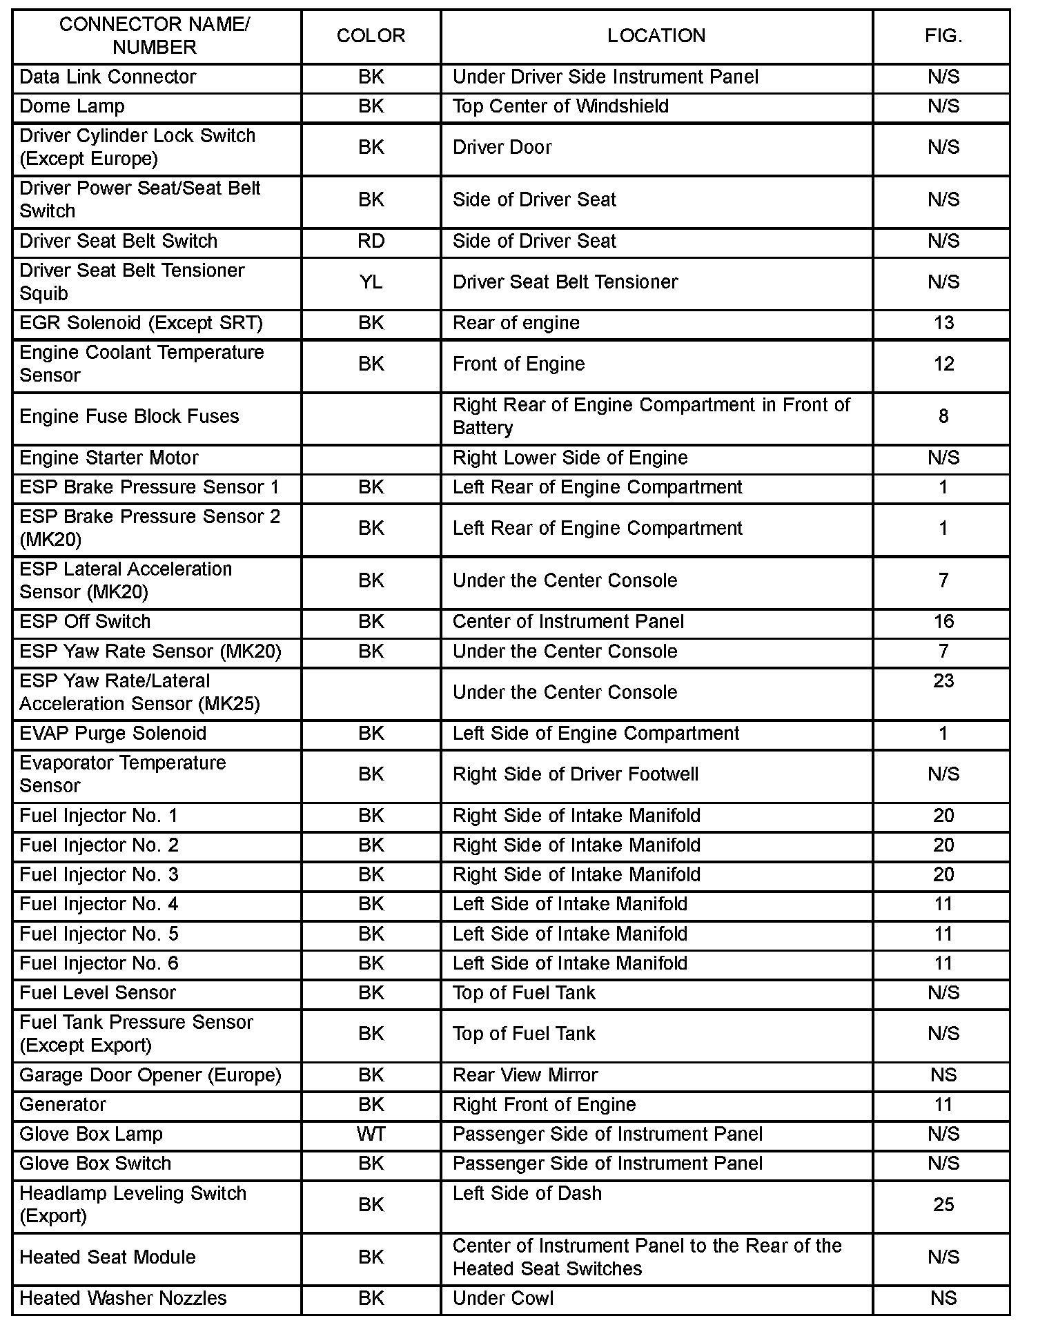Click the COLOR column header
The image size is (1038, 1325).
pos(371,36)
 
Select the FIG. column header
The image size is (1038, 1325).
pos(943,36)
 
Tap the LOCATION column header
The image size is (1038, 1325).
pos(656,36)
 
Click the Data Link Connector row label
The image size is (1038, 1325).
pos(108,77)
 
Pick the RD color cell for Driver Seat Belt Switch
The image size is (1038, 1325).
pos(371,241)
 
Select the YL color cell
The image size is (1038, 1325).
pos(371,282)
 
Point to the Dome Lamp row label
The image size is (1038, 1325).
pos(72,106)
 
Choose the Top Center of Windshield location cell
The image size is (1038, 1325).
pos(560,106)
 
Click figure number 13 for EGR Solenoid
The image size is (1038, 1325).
pos(943,323)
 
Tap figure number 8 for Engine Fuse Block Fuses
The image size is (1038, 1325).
pos(943,416)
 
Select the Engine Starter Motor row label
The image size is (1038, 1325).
pos(108,458)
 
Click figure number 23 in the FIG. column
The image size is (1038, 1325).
pos(943,680)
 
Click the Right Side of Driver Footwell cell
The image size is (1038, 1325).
pos(576,774)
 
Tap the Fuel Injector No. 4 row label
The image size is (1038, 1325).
pos(99,904)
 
